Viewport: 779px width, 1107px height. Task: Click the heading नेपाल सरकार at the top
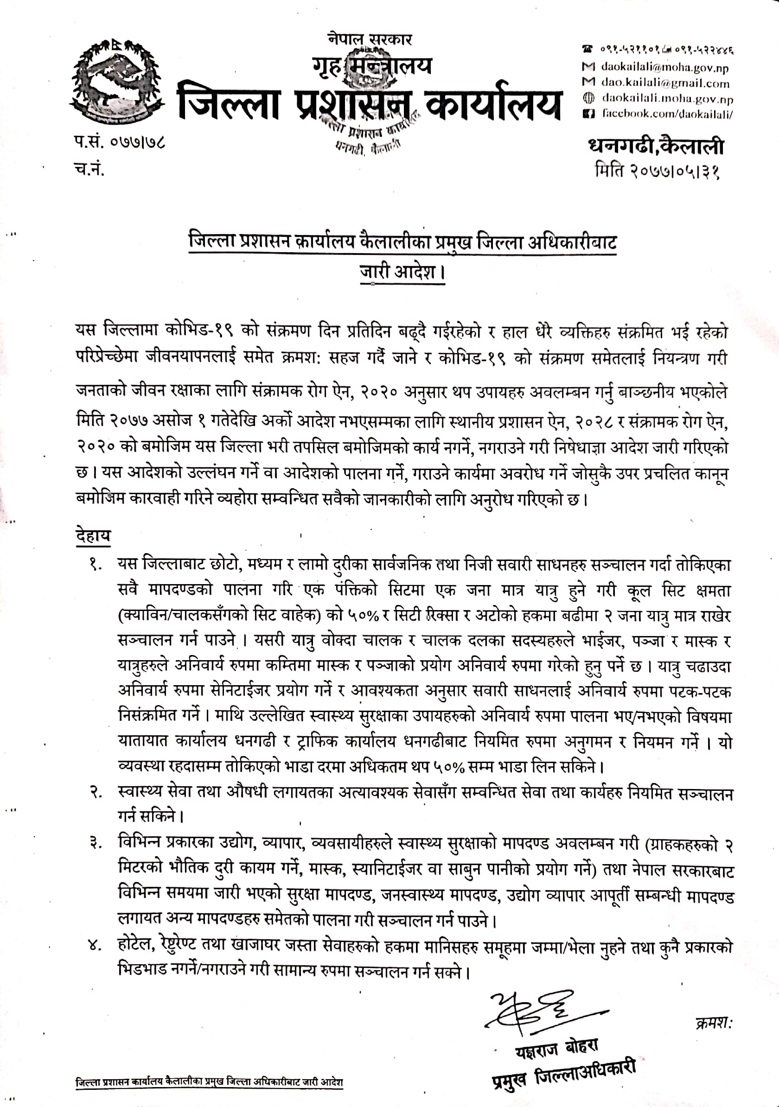point(370,38)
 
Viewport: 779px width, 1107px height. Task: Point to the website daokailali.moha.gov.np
point(667,99)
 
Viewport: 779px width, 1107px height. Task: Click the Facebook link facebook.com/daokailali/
point(668,114)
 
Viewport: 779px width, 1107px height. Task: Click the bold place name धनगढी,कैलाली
point(656,146)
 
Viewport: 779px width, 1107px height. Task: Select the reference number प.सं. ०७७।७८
point(120,143)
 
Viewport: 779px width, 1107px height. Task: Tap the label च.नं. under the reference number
point(89,169)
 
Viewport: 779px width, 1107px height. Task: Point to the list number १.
point(95,565)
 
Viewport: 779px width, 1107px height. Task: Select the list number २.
point(95,792)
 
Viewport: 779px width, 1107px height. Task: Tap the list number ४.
point(95,946)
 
